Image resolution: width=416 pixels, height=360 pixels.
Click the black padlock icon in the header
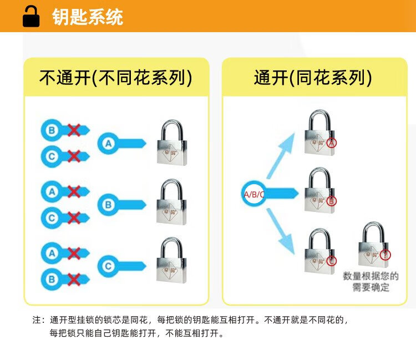pyautogui.click(x=31, y=17)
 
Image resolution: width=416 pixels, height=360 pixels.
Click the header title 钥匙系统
pyautogui.click(x=88, y=17)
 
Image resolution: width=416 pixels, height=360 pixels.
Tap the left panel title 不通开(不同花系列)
pyautogui.click(x=116, y=78)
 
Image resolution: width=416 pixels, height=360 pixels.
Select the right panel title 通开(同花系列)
pyautogui.click(x=312, y=78)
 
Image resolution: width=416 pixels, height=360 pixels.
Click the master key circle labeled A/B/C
pyautogui.click(x=253, y=194)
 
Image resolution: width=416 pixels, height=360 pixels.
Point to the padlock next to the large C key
pyautogui.click(x=172, y=261)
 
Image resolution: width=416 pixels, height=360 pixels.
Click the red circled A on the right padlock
pyautogui.click(x=332, y=143)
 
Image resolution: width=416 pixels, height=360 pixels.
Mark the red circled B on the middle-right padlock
pyautogui.click(x=332, y=201)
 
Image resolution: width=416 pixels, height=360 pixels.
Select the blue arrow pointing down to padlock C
pyautogui.click(x=281, y=230)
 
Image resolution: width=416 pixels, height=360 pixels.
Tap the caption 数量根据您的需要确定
pyautogui.click(x=371, y=282)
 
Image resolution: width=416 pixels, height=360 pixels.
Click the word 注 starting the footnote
pyautogui.click(x=38, y=321)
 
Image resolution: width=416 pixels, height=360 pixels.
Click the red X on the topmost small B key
pyautogui.click(x=74, y=130)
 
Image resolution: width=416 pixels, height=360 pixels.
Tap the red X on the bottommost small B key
pyautogui.click(x=74, y=278)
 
